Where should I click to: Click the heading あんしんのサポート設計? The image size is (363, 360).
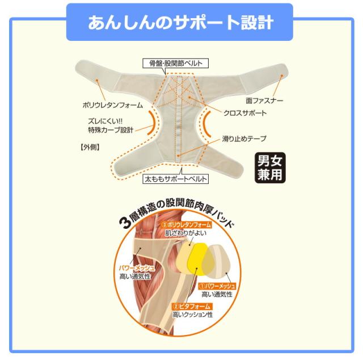coord(181,23)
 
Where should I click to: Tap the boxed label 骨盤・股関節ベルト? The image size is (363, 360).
coord(175,63)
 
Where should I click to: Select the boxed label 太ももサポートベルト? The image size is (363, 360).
coord(175,179)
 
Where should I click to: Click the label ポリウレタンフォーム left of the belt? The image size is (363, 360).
coord(113,105)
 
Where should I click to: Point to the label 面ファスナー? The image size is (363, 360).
coord(264,101)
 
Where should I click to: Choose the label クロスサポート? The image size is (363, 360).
coord(245,113)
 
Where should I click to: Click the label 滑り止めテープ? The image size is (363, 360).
coord(244,139)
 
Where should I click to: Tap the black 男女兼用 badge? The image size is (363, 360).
coord(270,168)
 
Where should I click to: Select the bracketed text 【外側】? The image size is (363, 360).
coord(90,147)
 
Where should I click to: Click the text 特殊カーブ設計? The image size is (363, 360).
coord(111,130)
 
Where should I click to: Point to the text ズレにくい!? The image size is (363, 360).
coord(105,121)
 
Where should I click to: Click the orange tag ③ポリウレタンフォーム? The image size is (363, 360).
coord(187,225)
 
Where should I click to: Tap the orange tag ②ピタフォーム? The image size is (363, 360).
coord(192,307)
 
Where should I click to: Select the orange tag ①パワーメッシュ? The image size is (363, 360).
coord(217,286)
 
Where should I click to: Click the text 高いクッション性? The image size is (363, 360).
coord(192,315)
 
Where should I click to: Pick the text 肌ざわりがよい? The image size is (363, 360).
coord(185,233)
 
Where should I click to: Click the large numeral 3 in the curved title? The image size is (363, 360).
coord(125,222)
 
